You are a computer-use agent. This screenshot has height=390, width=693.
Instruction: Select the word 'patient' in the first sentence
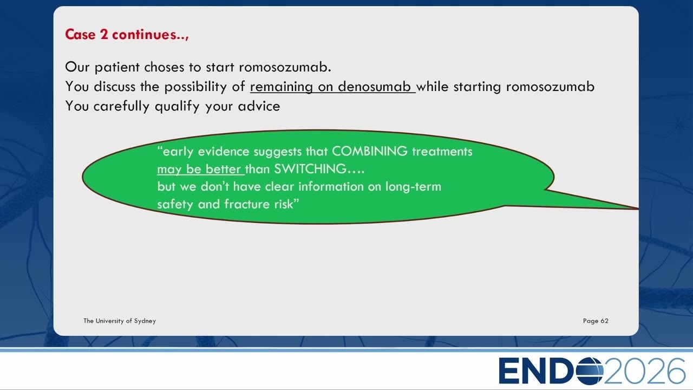(117, 67)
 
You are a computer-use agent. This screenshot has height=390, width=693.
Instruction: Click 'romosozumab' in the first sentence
(285, 67)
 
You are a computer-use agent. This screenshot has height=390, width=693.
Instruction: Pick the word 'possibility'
(195, 87)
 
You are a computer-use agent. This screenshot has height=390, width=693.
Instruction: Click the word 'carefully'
(121, 107)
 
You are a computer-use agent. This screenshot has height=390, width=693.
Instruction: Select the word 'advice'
(259, 106)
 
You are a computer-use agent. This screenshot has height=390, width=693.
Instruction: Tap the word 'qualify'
(177, 107)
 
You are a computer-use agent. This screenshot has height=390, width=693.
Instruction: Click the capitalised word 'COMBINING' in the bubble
(370, 151)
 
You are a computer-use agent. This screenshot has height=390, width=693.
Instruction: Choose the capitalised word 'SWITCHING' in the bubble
(310, 169)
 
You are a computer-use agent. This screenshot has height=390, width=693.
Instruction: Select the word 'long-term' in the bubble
(413, 187)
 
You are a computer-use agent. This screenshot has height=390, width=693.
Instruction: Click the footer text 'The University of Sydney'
(120, 321)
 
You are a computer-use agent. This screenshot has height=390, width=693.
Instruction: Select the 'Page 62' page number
(596, 321)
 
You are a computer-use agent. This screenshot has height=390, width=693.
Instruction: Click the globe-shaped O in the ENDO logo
(590, 371)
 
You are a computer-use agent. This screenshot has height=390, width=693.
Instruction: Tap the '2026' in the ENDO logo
(645, 371)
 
